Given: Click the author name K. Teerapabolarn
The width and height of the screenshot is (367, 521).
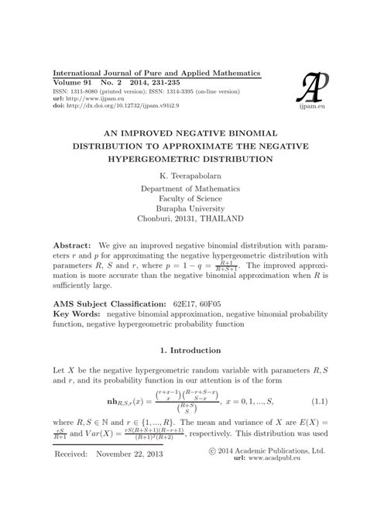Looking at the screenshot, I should pos(183,175).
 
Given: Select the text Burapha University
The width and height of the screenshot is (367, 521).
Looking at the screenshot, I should pos(183,208).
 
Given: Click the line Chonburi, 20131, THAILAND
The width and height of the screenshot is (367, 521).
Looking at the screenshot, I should pos(183,219).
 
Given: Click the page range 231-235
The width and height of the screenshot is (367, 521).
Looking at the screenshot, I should pos(167,81).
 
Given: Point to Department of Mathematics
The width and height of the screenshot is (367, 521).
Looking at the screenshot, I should pos(183,187).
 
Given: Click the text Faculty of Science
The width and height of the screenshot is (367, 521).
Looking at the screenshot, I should pos(183,198).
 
